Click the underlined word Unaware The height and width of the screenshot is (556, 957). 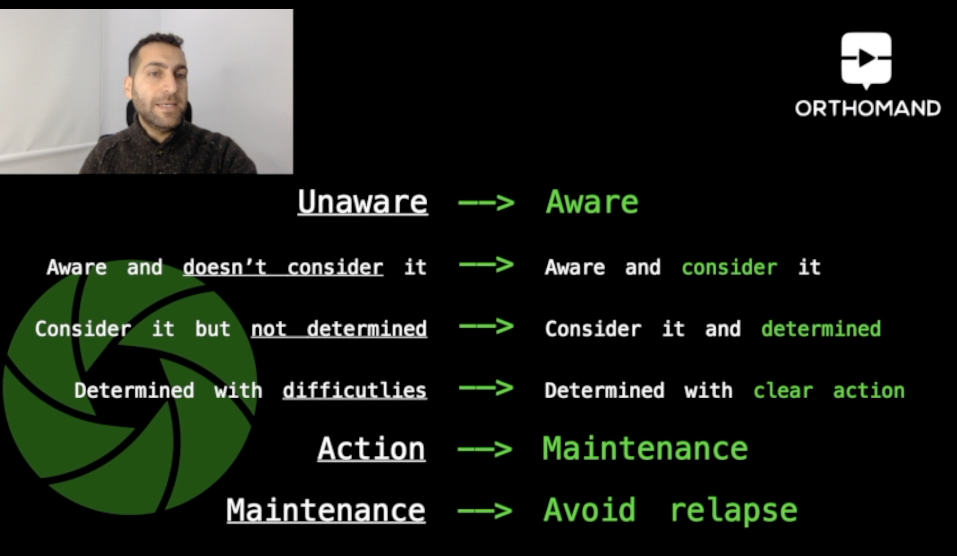(363, 202)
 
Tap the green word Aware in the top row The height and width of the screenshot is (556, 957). (592, 202)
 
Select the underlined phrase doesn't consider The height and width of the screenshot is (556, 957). (283, 267)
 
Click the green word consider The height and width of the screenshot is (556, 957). (729, 267)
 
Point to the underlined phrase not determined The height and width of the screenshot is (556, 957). (339, 329)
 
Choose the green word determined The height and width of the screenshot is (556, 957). (821, 329)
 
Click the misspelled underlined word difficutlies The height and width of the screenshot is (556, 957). (355, 391)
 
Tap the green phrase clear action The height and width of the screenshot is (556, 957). (829, 391)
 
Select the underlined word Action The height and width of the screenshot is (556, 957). (372, 449)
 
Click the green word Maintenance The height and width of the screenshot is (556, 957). (645, 449)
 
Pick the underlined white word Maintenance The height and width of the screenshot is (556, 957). (326, 510)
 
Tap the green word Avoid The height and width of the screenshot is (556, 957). (590, 510)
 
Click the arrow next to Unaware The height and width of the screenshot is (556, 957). (486, 202)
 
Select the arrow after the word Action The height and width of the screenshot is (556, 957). (485, 450)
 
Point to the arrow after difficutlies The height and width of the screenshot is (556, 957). (486, 388)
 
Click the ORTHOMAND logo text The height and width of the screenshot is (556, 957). (868, 108)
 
